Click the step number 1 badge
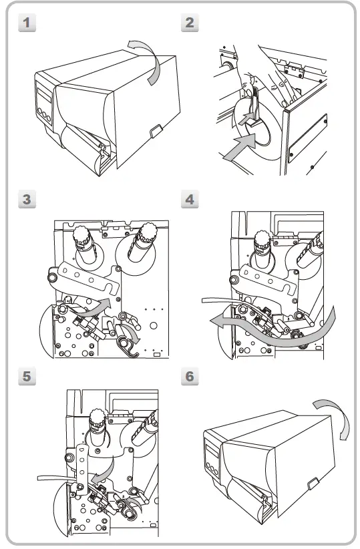pos(27,23)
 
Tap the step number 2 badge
pos(190,23)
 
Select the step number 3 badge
pos(27,199)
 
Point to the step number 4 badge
pos(190,199)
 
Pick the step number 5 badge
pos(27,377)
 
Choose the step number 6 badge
pos(190,377)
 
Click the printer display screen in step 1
pos(44,95)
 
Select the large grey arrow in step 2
pos(240,147)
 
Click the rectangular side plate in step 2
pos(308,138)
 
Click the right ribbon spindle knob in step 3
pos(147,233)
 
